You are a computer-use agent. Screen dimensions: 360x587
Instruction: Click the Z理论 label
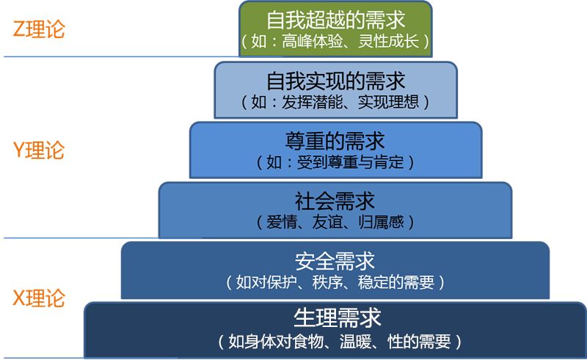pyautogui.click(x=39, y=29)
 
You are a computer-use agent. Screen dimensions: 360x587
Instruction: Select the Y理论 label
pyautogui.click(x=39, y=150)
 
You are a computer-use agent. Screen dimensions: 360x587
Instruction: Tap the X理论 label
pyautogui.click(x=39, y=298)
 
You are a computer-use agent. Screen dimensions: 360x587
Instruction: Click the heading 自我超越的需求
pyautogui.click(x=335, y=19)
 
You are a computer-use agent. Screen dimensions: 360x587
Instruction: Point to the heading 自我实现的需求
pyautogui.click(x=335, y=79)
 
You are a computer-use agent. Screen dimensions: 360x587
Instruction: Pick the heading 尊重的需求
pyautogui.click(x=335, y=140)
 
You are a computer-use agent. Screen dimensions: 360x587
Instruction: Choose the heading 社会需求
pyautogui.click(x=335, y=200)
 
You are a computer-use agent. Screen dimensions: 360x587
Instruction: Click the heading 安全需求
pyautogui.click(x=335, y=261)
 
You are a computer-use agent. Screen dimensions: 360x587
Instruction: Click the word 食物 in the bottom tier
pyautogui.click(x=310, y=341)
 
